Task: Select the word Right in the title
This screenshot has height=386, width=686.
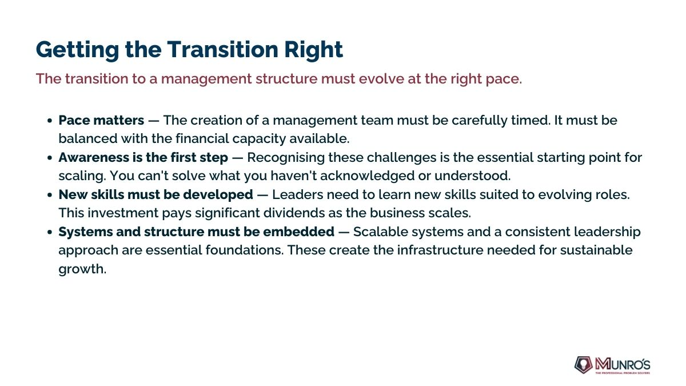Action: (314, 50)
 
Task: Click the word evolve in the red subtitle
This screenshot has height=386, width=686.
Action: (381, 79)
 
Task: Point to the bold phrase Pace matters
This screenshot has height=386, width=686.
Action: (101, 121)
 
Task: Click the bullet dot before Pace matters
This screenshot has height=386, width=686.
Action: (50, 121)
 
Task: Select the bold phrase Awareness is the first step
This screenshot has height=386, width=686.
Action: (143, 158)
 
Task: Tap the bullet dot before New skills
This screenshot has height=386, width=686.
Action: (50, 195)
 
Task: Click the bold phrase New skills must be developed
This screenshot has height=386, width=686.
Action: (156, 195)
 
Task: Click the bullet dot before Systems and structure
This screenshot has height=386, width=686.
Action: (50, 232)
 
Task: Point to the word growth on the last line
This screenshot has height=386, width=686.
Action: (82, 269)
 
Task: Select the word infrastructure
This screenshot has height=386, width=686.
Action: (440, 250)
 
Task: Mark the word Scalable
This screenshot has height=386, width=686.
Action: (381, 232)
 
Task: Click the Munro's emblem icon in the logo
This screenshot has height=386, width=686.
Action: (583, 365)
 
